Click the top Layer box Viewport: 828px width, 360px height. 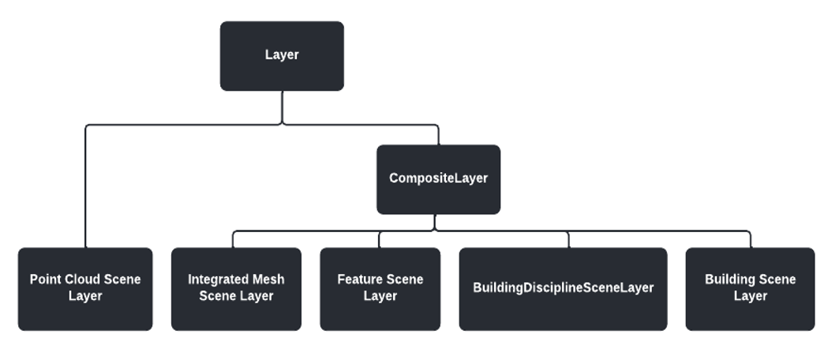tap(282, 56)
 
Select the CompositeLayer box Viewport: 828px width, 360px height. tap(438, 179)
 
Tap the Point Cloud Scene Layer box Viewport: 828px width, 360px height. tap(85, 289)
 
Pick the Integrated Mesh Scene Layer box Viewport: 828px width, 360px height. tap(236, 289)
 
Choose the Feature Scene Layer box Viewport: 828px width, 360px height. tap(380, 289)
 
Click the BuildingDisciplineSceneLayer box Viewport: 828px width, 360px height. tap(563, 289)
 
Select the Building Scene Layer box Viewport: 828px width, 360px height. tap(750, 289)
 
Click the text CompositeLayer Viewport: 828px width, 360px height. tap(438, 178)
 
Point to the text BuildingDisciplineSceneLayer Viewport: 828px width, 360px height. tap(563, 288)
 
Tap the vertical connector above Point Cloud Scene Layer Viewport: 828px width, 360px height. tap(85, 189)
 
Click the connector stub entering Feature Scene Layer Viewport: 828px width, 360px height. tap(380, 239)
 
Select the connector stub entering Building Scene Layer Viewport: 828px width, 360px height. tap(750, 239)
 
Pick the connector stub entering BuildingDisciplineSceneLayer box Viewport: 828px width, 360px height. tap(568, 239)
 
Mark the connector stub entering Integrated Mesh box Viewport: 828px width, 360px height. tap(233, 239)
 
